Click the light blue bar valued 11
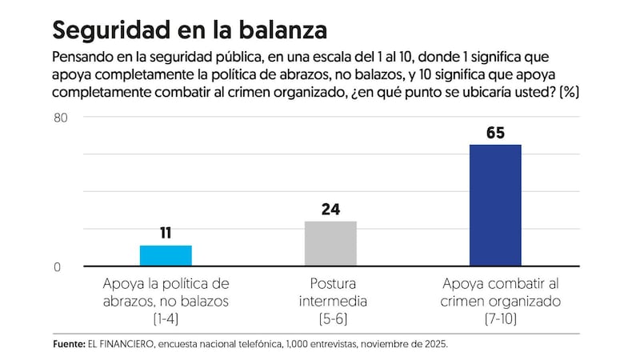pos(166,255)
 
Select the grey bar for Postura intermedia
pos(330,243)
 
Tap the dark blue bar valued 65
pos(495,205)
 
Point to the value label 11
pos(166,234)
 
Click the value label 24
pos(330,210)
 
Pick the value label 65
pos(495,133)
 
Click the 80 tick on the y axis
pos(62,118)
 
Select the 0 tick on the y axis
pos(58,267)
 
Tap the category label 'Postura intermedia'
pos(333,293)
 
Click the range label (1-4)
pos(166,319)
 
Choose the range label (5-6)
pos(332,319)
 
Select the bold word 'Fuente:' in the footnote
pos(69,344)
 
